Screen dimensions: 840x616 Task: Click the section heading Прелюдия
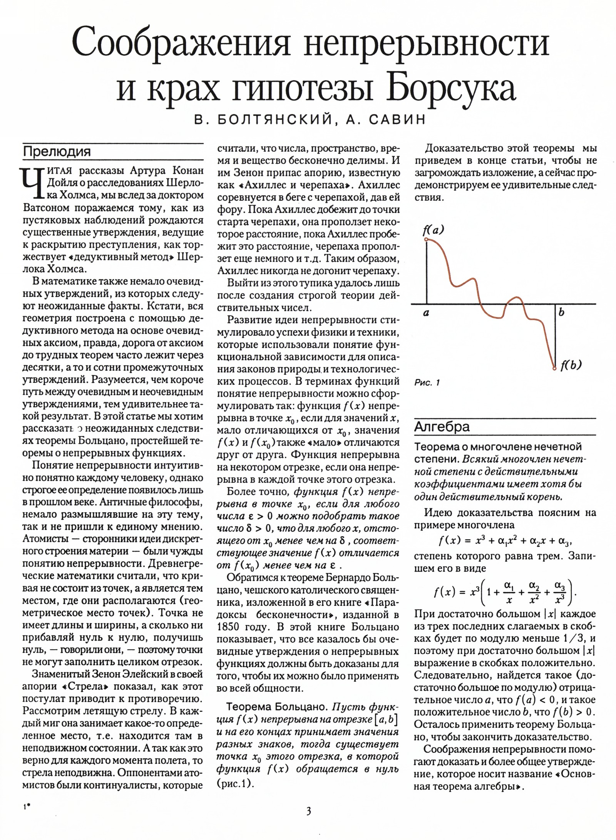pos(57,151)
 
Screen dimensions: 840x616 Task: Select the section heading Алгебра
pos(442,427)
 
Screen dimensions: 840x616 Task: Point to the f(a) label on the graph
pos(433,230)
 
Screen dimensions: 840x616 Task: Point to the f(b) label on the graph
pos(571,364)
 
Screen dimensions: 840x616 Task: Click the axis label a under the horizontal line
pos(426,314)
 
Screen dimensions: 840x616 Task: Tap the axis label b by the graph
pos(561,312)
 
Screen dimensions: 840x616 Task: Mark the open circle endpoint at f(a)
pos(426,240)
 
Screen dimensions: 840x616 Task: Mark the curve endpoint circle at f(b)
pos(554,369)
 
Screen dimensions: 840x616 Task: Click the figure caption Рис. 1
pos(427,382)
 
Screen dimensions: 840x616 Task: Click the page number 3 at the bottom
pos(308,811)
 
